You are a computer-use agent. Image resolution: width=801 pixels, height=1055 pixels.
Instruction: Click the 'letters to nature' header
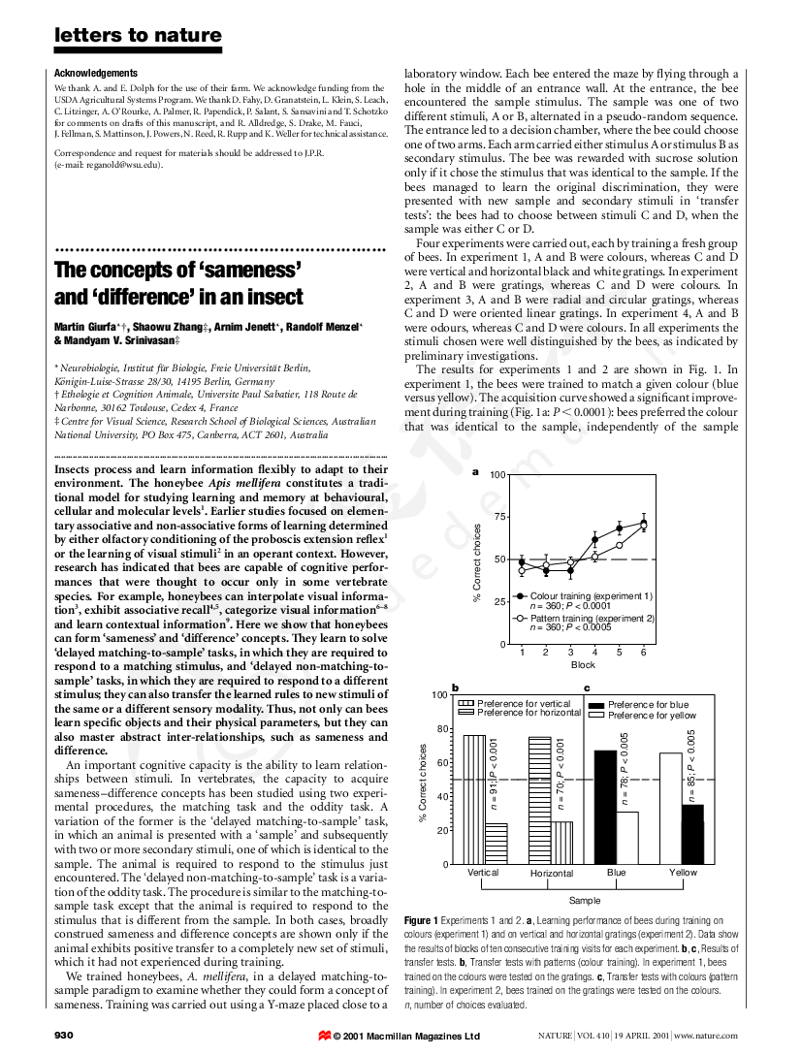coord(138,37)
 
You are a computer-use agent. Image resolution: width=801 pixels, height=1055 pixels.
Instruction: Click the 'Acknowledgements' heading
coord(96,74)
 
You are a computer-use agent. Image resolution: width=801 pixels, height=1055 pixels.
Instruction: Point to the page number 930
coord(64,1036)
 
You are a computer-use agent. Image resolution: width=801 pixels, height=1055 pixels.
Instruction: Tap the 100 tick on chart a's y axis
coord(497,474)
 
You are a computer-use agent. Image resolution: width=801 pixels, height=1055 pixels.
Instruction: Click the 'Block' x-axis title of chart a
coord(583,665)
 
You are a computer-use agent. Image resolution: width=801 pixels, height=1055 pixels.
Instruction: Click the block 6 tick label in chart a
coord(644,652)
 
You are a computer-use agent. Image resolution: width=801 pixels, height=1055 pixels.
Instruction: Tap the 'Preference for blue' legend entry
coord(648,705)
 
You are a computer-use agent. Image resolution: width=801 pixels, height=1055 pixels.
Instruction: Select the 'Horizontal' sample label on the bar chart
coord(552,874)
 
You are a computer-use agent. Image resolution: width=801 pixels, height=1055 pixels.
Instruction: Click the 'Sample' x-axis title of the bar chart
coord(584,900)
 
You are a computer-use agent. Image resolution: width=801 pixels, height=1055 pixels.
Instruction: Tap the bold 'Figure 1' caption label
coord(422,919)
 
